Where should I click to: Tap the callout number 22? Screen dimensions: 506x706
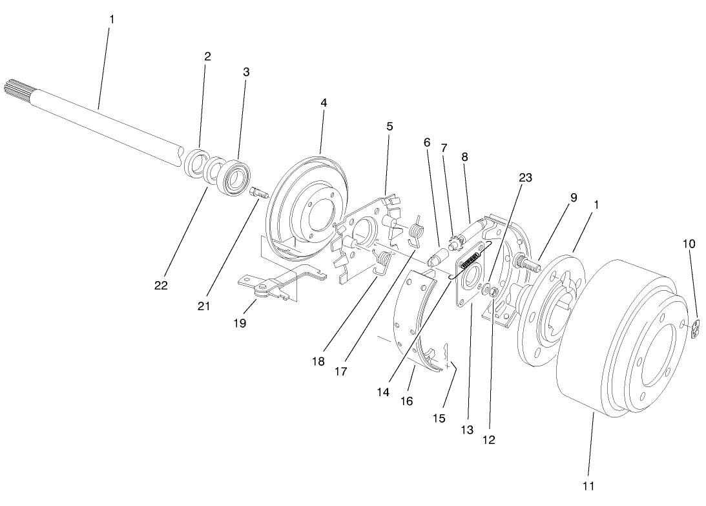(161, 285)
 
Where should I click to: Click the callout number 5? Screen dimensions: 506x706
(389, 127)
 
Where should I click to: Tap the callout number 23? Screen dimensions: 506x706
(525, 178)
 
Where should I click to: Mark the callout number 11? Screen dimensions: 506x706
(588, 485)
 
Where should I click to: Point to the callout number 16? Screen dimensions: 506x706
(406, 401)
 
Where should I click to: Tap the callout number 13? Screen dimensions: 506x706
(467, 430)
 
